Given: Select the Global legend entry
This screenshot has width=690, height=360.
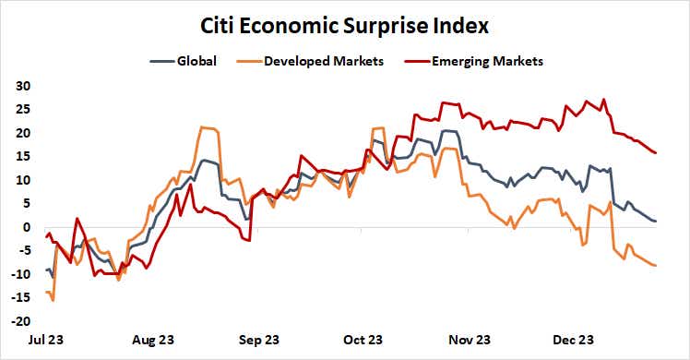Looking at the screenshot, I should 195,62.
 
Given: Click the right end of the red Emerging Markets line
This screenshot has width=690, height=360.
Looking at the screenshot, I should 656,153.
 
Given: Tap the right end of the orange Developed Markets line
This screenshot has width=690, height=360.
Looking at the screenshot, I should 656,266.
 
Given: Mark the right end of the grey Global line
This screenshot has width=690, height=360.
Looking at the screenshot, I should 656,222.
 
